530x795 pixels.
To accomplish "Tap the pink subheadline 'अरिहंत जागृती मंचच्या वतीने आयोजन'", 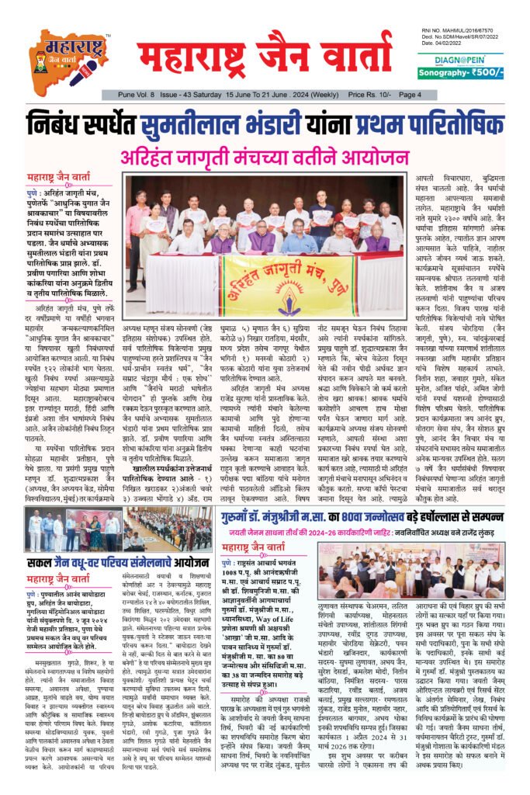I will [265, 156].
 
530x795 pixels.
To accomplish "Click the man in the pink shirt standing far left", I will [138, 225].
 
